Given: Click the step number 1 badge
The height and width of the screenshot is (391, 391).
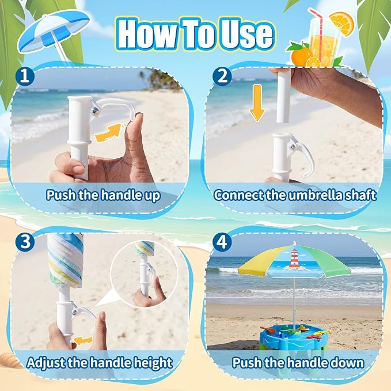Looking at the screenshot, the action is (x=24, y=77).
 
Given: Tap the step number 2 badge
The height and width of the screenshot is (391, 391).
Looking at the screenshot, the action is (x=222, y=76).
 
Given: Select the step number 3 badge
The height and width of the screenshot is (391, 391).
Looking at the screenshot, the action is (x=25, y=241).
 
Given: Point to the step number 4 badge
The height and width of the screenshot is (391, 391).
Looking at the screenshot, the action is (x=222, y=241).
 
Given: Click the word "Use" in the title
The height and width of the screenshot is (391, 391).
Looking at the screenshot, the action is (x=246, y=33).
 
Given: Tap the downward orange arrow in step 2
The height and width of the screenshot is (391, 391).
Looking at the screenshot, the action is (x=257, y=103).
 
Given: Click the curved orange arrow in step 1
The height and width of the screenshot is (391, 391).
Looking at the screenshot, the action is (x=108, y=132).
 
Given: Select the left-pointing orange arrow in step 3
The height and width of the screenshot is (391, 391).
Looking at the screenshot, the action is (x=82, y=340).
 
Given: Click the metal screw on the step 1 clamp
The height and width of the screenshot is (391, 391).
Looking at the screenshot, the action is (x=95, y=110).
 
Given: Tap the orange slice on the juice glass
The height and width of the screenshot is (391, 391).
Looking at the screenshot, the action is (x=341, y=23).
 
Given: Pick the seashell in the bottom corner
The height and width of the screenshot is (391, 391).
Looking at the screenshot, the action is (x=10, y=361).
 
